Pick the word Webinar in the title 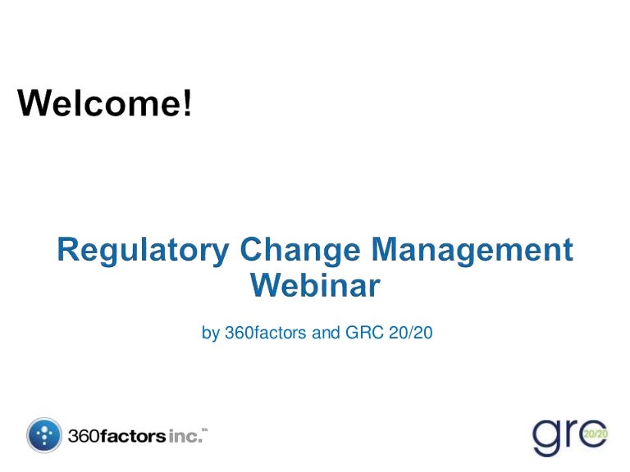[x=315, y=285]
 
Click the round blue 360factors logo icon [x=44, y=435]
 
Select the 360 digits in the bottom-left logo [x=83, y=436]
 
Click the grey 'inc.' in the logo [x=184, y=436]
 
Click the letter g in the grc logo [x=546, y=439]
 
